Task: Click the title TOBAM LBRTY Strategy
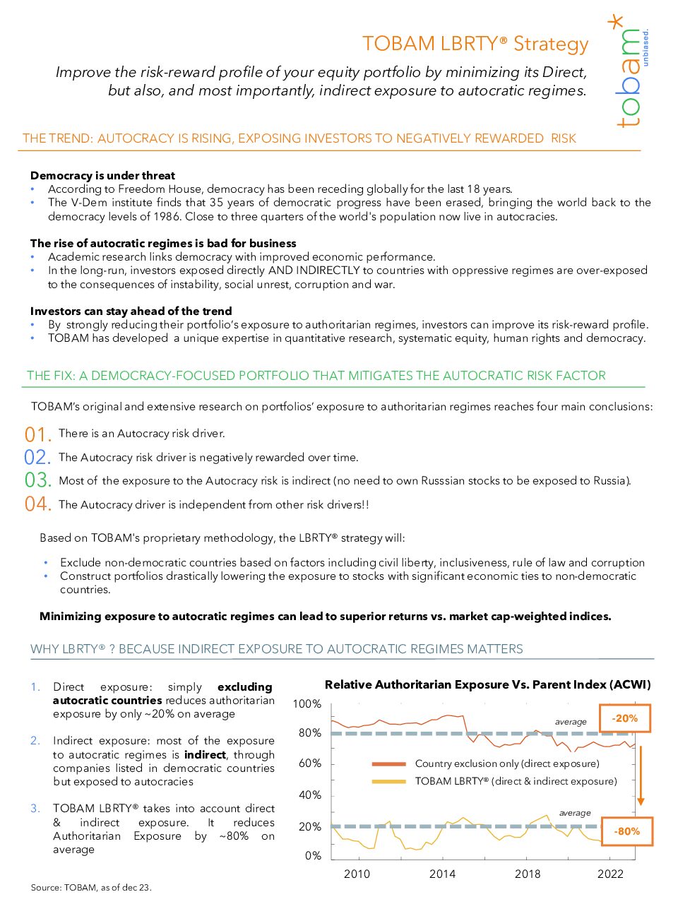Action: click(475, 44)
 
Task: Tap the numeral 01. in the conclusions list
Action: click(37, 434)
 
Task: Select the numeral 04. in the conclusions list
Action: click(37, 504)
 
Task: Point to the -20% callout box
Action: click(625, 718)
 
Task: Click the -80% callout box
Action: click(626, 831)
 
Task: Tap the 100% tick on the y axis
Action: click(307, 704)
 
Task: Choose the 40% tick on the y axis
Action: click(309, 795)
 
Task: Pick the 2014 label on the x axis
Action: click(442, 874)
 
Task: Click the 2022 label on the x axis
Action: click(610, 874)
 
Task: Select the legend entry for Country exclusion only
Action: click(506, 763)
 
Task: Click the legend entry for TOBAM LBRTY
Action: click(516, 781)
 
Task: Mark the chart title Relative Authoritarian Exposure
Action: click(487, 684)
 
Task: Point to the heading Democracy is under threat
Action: click(102, 175)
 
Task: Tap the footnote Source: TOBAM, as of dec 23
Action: click(91, 887)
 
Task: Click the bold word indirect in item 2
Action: click(205, 754)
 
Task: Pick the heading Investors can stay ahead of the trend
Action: click(131, 311)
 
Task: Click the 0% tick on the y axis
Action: click(313, 855)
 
